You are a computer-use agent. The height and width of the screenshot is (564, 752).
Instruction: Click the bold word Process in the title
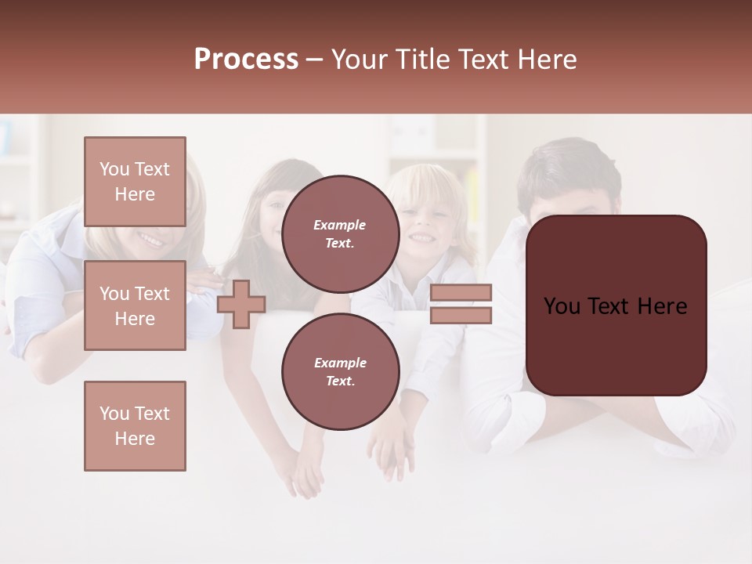coord(246,60)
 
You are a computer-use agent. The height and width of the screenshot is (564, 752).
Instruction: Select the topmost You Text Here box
coord(135,182)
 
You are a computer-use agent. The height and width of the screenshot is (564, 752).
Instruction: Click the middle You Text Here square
coord(135,305)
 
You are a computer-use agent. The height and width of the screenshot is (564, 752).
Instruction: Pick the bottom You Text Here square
coord(135,426)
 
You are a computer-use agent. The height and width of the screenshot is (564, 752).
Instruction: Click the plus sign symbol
coord(241,304)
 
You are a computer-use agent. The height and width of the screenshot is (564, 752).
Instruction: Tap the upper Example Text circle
coord(340,234)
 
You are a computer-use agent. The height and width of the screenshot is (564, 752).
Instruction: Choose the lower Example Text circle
coord(340,372)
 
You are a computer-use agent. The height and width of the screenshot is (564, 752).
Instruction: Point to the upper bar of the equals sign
coord(461,292)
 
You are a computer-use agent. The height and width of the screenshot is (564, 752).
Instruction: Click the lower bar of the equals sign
coord(461,316)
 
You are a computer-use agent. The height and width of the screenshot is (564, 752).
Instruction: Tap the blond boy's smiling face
coord(424,223)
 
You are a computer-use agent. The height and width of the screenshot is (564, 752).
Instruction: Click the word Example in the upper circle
coord(340,225)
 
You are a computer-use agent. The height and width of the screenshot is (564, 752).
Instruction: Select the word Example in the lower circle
coord(340,363)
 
